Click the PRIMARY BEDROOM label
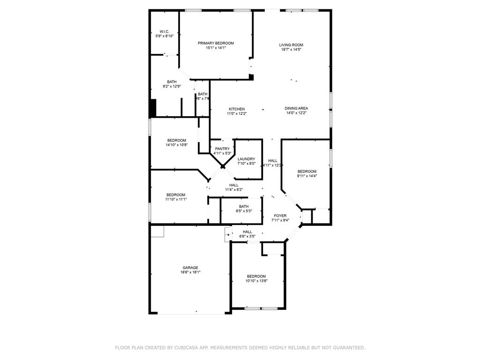point(216,43)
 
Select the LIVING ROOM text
point(291,45)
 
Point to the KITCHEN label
point(237,109)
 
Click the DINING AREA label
point(296,108)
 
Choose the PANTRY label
point(222,149)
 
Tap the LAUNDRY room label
point(246,159)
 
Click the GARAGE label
point(190,268)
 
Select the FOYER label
point(280,216)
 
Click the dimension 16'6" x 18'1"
point(190,272)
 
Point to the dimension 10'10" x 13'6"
point(256,281)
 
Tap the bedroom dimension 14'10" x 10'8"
point(177,145)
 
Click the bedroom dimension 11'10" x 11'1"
point(176,199)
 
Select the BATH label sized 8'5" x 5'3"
point(244,206)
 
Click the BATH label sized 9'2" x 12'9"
point(172,82)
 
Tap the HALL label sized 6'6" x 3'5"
point(247,232)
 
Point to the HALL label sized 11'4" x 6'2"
point(234,185)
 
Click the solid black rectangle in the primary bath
point(152,108)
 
